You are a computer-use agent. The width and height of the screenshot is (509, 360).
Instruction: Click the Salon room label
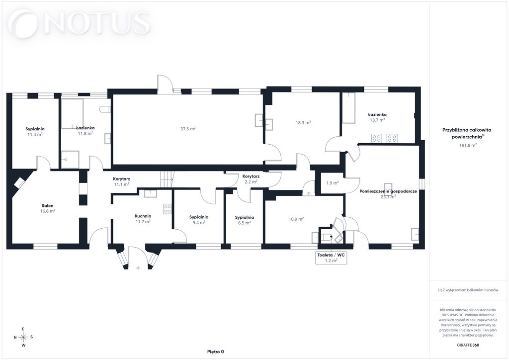(x=47, y=205)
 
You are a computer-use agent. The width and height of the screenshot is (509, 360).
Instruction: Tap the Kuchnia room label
(x=143, y=216)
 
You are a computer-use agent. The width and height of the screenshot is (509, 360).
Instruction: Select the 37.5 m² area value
(x=188, y=129)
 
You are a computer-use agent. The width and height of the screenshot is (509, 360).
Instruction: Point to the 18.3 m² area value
(x=303, y=122)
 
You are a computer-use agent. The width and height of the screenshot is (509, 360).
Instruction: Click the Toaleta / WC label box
(x=331, y=258)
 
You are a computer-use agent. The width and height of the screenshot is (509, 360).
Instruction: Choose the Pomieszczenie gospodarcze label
(x=388, y=191)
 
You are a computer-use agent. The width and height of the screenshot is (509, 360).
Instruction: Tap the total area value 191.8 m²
(x=468, y=145)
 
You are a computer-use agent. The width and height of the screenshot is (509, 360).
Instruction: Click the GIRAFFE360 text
(x=468, y=345)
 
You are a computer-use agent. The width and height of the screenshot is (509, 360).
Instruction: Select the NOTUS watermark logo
(x=80, y=23)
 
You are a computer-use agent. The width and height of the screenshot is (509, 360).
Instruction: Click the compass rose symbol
(x=23, y=337)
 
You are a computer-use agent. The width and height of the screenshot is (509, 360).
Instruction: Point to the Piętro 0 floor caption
(x=216, y=352)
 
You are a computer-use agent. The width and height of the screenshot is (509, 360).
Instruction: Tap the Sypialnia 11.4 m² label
(x=35, y=131)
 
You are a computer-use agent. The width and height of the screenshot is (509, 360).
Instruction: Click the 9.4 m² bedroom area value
(x=199, y=222)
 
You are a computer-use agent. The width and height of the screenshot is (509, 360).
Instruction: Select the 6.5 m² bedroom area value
(x=244, y=223)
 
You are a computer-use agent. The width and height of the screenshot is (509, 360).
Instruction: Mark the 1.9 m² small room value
(x=333, y=183)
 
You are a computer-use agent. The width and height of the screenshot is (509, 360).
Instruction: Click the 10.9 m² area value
(x=296, y=219)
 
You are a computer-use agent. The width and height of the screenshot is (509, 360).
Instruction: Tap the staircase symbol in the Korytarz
(x=167, y=180)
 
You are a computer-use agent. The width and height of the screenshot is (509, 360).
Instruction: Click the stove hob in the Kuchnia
(x=168, y=209)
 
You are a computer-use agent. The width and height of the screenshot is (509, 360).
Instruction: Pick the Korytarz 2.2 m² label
(x=251, y=179)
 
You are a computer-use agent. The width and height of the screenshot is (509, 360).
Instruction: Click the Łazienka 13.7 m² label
(x=377, y=117)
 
